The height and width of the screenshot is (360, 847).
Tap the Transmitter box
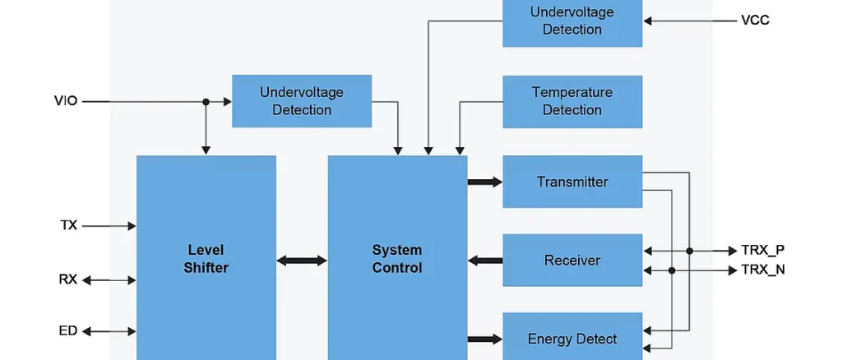coord(572,182)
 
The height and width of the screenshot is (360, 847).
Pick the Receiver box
coord(572,261)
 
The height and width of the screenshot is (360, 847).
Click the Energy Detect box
coord(572,337)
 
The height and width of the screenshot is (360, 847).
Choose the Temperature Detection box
coord(572,102)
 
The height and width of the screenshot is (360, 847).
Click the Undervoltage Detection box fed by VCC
coord(572,21)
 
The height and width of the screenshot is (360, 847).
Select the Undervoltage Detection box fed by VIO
coord(301,102)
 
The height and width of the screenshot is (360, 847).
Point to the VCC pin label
coord(755,21)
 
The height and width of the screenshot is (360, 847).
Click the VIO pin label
coord(66,102)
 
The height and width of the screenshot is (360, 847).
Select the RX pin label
coord(68,279)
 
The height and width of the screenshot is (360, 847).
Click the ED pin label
coord(68,331)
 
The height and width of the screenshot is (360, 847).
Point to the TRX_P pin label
coord(762,250)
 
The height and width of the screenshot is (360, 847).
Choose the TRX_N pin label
coord(762,270)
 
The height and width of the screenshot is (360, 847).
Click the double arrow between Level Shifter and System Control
coord(302,261)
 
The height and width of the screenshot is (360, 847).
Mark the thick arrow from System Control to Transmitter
coord(484,182)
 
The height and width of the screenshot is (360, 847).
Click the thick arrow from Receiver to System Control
coord(484,261)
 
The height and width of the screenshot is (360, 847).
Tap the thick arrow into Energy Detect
coord(484,337)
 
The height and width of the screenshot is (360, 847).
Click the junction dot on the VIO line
coord(206,102)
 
